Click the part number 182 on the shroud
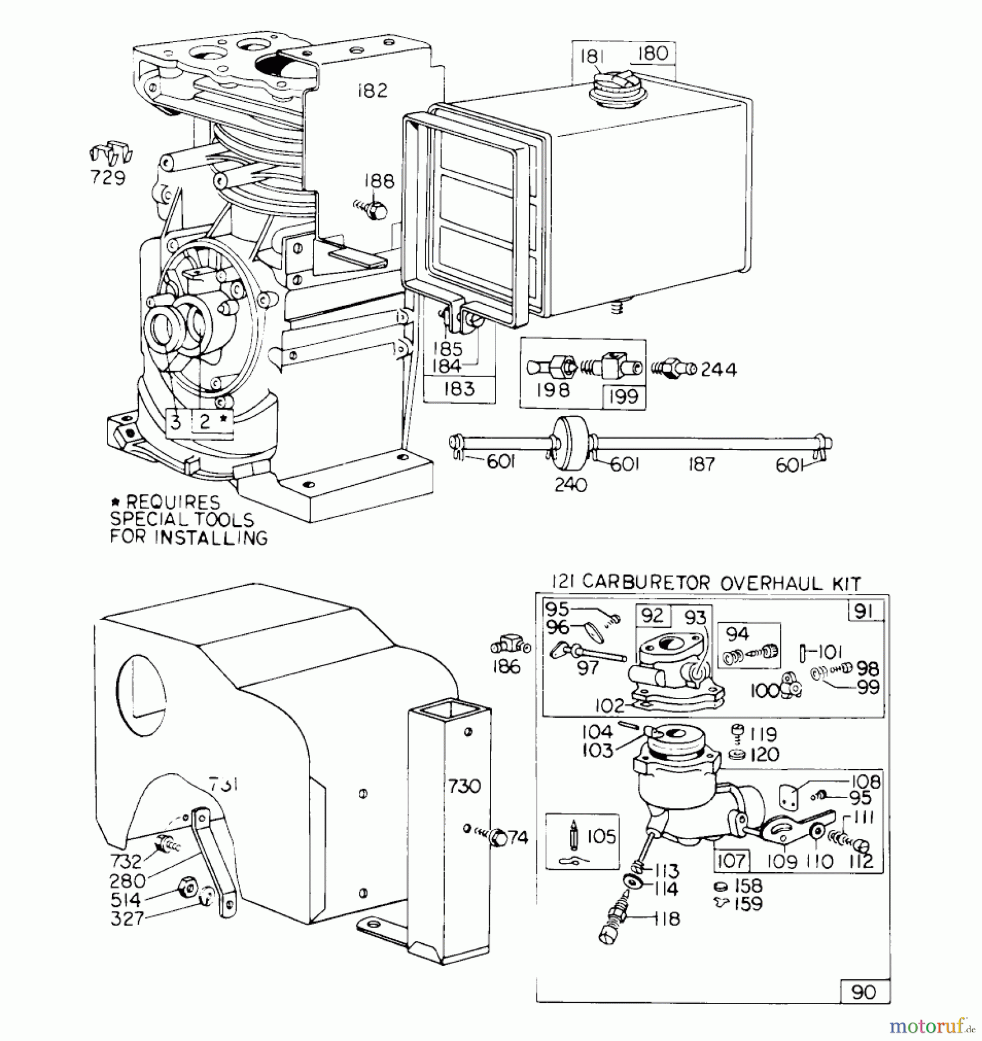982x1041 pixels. [372, 91]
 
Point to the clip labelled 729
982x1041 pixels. [111, 153]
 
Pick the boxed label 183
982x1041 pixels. [459, 389]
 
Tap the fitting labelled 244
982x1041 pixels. [672, 368]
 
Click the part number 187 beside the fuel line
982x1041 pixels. [702, 464]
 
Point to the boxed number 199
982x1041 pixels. [623, 397]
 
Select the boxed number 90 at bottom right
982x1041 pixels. [864, 992]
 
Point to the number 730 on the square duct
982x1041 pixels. [464, 786]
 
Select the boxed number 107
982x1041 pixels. [732, 861]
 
